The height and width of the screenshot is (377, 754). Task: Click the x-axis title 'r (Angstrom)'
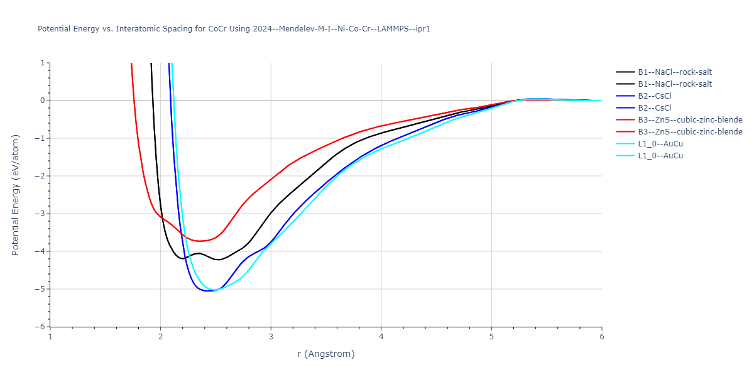click(x=325, y=354)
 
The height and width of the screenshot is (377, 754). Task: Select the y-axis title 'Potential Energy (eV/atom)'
click(x=16, y=195)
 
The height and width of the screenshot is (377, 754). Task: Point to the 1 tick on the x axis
click(x=50, y=336)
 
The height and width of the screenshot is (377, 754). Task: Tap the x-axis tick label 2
click(x=161, y=336)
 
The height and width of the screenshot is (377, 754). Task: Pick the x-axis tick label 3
click(x=271, y=336)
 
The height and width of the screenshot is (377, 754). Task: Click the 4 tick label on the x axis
click(x=381, y=336)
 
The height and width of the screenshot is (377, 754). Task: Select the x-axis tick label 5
click(x=491, y=336)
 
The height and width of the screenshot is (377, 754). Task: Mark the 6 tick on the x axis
click(x=602, y=336)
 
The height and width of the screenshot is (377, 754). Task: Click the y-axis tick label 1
click(x=42, y=63)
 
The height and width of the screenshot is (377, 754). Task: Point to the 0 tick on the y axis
click(x=42, y=101)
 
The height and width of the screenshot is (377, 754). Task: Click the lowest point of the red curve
click(x=200, y=241)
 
